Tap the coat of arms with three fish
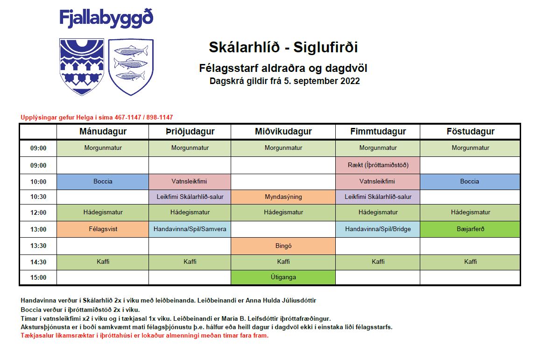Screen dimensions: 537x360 click(131, 67)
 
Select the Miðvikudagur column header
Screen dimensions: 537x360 click(283, 132)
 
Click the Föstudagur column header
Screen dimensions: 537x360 click(470, 132)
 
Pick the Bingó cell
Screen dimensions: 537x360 click(283, 246)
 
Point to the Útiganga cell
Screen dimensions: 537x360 click(283, 277)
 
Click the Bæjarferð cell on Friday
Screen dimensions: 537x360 click(470, 229)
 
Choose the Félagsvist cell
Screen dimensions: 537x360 click(103, 229)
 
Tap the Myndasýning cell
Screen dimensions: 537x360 click(283, 197)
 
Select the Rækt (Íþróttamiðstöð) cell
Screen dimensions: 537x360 click(378, 165)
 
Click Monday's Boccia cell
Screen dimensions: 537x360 click(103, 182)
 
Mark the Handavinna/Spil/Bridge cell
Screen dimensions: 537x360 click(378, 229)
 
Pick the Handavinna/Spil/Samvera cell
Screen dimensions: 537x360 click(190, 229)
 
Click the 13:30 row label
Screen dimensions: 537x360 click(38, 246)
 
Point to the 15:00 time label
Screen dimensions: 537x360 click(38, 277)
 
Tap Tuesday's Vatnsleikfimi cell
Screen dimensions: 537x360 click(190, 182)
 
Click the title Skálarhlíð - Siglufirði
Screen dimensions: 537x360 click(283, 47)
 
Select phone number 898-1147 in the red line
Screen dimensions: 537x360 click(160, 118)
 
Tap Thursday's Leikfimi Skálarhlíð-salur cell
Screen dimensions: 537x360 click(378, 197)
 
